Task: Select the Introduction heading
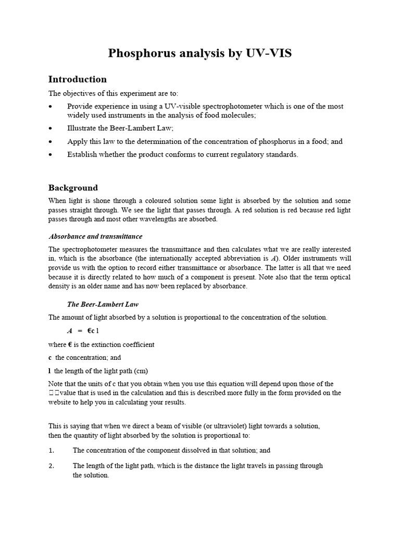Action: click(x=77, y=79)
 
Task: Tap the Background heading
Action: click(x=73, y=188)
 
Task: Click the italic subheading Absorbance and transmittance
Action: click(x=95, y=236)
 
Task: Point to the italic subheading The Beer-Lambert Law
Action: click(x=103, y=304)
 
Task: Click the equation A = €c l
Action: click(x=83, y=331)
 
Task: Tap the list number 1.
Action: click(x=52, y=450)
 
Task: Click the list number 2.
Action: click(x=52, y=466)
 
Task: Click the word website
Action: click(x=62, y=402)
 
